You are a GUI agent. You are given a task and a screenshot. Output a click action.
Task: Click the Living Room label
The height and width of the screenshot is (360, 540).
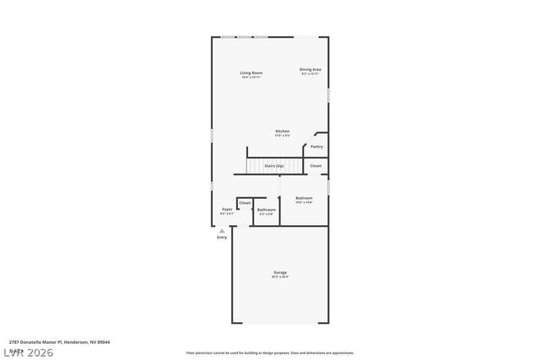[251, 73]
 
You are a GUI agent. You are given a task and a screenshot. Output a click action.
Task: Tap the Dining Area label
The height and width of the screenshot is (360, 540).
[310, 69]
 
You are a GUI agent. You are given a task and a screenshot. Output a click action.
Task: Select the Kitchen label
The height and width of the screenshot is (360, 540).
[282, 131]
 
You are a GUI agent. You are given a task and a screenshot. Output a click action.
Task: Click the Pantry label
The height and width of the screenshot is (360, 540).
[316, 146]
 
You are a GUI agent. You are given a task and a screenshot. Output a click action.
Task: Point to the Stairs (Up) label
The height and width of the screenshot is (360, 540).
[274, 166]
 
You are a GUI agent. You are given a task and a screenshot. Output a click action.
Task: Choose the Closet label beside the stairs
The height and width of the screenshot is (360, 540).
[316, 166]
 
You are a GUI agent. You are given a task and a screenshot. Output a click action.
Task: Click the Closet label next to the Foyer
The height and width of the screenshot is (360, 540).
[245, 203]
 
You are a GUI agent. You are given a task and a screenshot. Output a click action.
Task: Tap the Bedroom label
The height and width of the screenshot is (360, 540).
[304, 198]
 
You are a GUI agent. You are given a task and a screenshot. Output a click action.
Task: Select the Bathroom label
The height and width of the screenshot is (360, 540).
[267, 209]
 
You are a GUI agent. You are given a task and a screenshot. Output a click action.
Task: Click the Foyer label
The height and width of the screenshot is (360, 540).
[227, 209]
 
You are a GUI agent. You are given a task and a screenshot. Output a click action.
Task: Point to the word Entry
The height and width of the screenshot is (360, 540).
[222, 238]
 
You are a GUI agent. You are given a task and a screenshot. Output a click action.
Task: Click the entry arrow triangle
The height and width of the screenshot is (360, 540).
[222, 230]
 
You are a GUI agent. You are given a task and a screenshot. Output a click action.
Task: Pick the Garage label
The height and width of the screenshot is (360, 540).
[280, 272]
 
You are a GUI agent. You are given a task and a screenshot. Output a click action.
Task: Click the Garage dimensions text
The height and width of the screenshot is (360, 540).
[280, 277]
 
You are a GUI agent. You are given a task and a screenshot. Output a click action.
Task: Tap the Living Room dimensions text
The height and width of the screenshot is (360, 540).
[251, 78]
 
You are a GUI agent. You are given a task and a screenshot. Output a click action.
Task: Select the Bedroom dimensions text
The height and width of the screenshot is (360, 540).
[304, 203]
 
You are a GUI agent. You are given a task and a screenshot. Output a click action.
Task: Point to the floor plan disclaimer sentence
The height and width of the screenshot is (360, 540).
[269, 352]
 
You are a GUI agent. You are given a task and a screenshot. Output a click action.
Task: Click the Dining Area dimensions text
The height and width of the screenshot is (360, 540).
[310, 74]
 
